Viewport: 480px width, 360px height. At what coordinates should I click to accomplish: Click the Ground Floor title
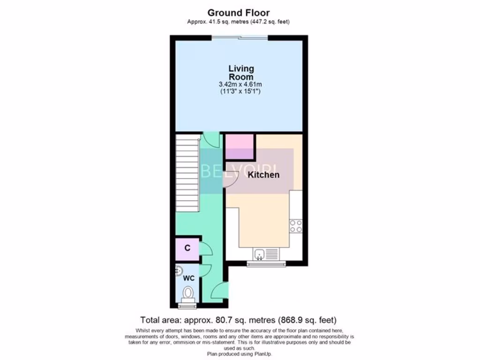pos(238,13)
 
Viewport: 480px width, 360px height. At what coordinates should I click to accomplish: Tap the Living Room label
pos(241,73)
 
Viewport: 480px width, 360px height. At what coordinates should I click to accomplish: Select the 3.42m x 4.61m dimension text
pos(240,84)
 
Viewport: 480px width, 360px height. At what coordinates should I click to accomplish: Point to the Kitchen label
pos(263,175)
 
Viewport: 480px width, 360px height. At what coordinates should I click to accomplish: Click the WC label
pos(188,278)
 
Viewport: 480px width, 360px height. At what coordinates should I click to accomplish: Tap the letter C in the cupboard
pos(187,248)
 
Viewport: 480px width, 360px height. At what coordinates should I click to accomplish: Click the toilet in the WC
pos(188,293)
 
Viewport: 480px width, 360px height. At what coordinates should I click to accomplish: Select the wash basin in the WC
pos(179,271)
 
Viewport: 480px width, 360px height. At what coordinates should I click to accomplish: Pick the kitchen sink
pos(259,255)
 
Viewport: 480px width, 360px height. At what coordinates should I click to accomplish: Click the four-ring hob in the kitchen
pos(296,226)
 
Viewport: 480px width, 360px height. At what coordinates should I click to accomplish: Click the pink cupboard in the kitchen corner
pos(240,147)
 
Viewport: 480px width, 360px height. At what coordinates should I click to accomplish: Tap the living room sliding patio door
pos(240,37)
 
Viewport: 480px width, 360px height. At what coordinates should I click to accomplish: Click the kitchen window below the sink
pos(266,264)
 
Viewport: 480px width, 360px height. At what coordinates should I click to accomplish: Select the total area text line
pos(239,321)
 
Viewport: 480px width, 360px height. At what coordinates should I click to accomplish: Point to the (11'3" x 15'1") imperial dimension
pos(240,92)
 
